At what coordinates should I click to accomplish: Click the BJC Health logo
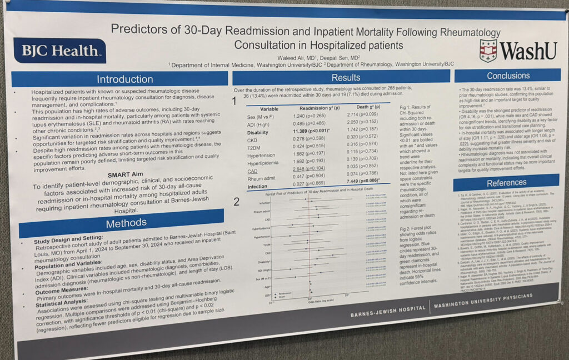point(59,51)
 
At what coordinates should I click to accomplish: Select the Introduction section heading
point(124,79)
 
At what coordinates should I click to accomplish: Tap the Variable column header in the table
point(269,109)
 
